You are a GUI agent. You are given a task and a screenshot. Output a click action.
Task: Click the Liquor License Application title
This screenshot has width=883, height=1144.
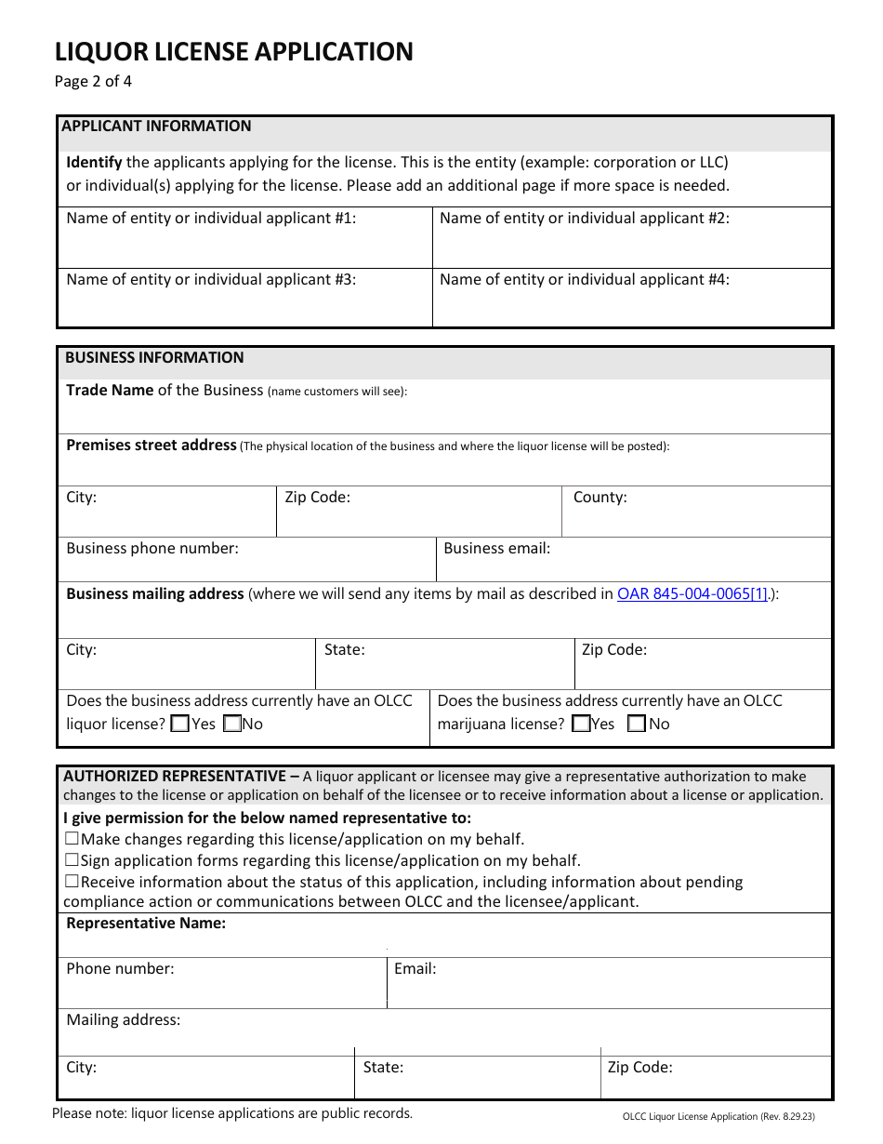pyautogui.click(x=233, y=52)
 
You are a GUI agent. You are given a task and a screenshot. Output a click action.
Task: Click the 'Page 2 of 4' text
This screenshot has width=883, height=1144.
pyautogui.click(x=93, y=81)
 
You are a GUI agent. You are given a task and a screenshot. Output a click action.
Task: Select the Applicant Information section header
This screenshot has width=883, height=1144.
pyautogui.click(x=156, y=126)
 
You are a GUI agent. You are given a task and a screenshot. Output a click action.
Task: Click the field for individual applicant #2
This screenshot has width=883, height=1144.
pyautogui.click(x=632, y=246)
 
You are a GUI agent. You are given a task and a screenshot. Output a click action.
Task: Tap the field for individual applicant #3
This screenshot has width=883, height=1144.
pyautogui.click(x=244, y=306)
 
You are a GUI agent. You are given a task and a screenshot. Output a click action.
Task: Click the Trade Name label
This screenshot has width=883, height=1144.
pyautogui.click(x=110, y=391)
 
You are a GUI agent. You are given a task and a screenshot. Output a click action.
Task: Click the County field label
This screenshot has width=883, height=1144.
pyautogui.click(x=600, y=498)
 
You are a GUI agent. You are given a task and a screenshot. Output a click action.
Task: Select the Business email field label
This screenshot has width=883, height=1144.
pyautogui.click(x=496, y=549)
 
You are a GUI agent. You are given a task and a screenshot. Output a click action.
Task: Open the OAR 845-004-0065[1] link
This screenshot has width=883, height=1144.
pyautogui.click(x=692, y=593)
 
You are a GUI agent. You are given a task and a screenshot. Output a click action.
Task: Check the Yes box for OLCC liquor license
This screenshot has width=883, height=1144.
pyautogui.click(x=181, y=724)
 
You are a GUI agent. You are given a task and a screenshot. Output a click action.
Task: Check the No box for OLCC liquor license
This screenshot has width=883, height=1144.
pyautogui.click(x=232, y=724)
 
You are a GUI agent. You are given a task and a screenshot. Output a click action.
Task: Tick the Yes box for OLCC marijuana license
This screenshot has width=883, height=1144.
pyautogui.click(x=581, y=724)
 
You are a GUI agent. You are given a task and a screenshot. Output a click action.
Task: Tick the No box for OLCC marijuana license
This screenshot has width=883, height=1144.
pyautogui.click(x=637, y=724)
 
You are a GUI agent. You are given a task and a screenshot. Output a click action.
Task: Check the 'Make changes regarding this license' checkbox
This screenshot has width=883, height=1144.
pyautogui.click(x=72, y=839)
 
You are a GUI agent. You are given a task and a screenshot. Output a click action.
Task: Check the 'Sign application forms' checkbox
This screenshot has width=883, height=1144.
pyautogui.click(x=72, y=860)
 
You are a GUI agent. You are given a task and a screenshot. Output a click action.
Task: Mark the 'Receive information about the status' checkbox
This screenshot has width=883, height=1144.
pyautogui.click(x=72, y=882)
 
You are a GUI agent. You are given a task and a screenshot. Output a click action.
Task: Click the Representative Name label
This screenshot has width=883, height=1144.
pyautogui.click(x=146, y=924)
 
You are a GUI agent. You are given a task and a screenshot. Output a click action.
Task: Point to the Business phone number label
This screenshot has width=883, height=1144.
pyautogui.click(x=152, y=549)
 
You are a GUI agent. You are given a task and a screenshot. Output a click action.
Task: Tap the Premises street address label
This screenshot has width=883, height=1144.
pyautogui.click(x=151, y=446)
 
